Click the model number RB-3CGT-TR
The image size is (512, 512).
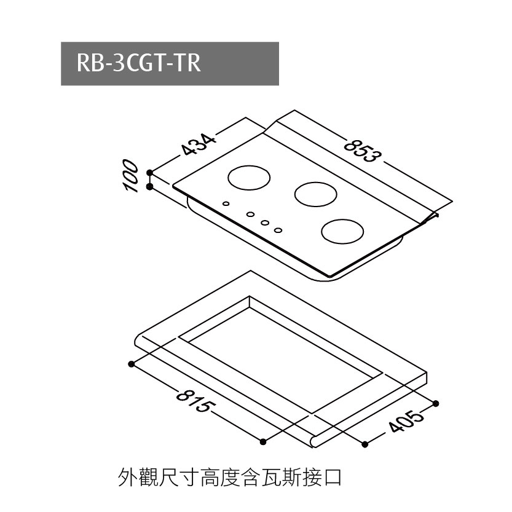138,63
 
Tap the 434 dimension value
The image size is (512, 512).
199,144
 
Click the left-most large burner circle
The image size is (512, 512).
249,178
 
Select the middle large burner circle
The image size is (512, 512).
315,194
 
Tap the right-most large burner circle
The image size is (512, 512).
342,231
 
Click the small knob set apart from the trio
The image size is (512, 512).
226,204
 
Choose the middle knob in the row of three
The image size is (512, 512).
265,223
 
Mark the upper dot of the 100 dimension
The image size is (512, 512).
149,172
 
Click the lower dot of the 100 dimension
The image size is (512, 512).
149,187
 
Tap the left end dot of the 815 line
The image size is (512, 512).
132,364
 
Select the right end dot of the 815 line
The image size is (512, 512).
263,442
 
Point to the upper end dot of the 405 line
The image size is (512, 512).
436,404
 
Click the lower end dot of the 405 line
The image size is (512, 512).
365,444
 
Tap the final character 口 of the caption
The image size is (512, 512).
332,478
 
